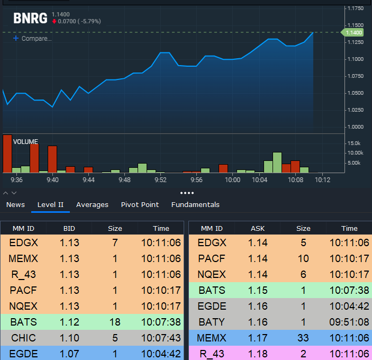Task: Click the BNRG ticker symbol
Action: pyautogui.click(x=30, y=19)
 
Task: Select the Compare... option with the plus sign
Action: pyautogui.click(x=32, y=39)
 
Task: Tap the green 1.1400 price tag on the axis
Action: pyautogui.click(x=352, y=32)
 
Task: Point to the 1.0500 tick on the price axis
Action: pyautogui.click(x=356, y=93)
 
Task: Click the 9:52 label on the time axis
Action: pyautogui.click(x=161, y=180)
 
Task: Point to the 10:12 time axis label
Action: pyautogui.click(x=322, y=180)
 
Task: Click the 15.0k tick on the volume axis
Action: pyautogui.click(x=354, y=143)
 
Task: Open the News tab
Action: pyautogui.click(x=15, y=204)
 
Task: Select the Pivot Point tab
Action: pyautogui.click(x=140, y=204)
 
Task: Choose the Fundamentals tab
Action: pyautogui.click(x=195, y=204)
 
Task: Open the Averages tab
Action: pyautogui.click(x=92, y=205)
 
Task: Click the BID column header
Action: pyautogui.click(x=69, y=228)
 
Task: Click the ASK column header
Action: pyautogui.click(x=258, y=228)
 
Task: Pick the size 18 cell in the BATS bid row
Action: pyautogui.click(x=115, y=322)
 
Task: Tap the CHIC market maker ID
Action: pyautogui.click(x=23, y=338)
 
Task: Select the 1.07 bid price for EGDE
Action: pyautogui.click(x=69, y=354)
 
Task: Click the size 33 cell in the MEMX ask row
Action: pyautogui.click(x=303, y=338)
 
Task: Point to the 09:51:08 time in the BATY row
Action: pyautogui.click(x=349, y=322)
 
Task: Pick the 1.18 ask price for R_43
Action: pyautogui.click(x=258, y=354)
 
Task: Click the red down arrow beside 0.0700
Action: pyautogui.click(x=55, y=21)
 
